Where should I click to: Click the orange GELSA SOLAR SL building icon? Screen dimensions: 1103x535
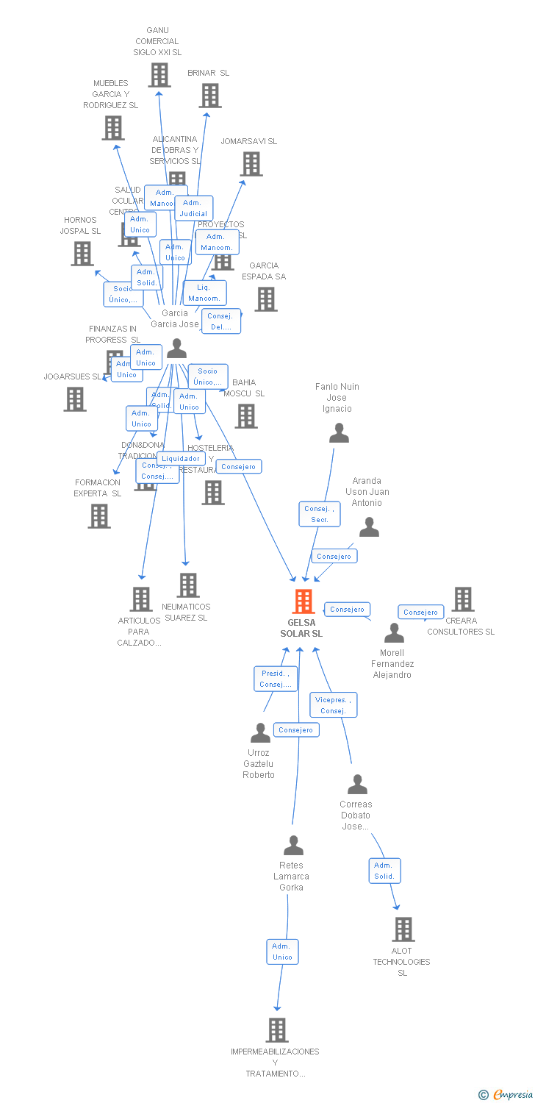(304, 601)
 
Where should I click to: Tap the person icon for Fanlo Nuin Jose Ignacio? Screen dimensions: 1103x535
(339, 433)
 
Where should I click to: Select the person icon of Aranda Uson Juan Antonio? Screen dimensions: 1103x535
(369, 526)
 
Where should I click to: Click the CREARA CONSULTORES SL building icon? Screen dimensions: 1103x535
(463, 599)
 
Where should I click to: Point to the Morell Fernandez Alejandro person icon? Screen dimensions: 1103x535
(394, 632)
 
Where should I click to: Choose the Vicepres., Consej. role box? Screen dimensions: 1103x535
(334, 704)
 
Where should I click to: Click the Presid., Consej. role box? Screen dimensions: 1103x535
(276, 678)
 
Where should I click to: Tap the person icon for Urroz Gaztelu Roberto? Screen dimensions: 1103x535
(260, 732)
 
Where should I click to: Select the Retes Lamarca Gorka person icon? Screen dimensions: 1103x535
(293, 846)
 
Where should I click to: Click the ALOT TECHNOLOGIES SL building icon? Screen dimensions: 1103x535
(403, 929)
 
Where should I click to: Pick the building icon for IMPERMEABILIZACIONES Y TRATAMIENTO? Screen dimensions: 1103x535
(277, 1030)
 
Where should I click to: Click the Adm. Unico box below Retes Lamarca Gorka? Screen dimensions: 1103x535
(282, 952)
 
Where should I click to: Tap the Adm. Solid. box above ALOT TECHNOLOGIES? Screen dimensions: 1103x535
(384, 871)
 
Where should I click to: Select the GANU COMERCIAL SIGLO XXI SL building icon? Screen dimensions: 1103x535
(159, 75)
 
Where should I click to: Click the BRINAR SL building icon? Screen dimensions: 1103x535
(210, 96)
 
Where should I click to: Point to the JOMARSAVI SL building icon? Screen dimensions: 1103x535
(251, 164)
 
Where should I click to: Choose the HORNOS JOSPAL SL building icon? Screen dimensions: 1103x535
(82, 254)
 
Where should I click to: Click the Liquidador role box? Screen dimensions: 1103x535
(180, 458)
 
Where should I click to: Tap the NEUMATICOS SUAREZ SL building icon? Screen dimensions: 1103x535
(188, 585)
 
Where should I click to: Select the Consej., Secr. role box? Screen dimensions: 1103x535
(320, 514)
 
